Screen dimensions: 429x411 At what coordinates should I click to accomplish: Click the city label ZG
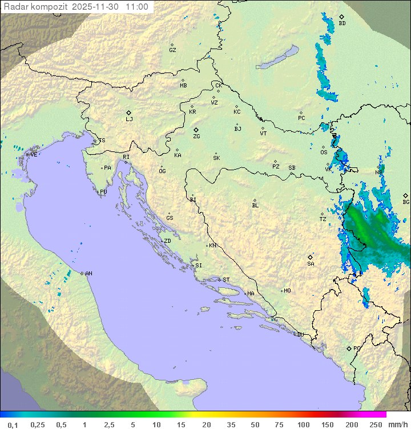coord(196,137)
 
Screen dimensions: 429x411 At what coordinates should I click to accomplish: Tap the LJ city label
coord(129,119)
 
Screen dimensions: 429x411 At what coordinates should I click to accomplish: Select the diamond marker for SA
coord(311,257)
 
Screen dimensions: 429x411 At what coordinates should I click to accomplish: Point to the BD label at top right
coord(342,23)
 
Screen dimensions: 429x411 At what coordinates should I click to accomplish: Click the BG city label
coord(406,202)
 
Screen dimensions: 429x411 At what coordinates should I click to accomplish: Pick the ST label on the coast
coord(226,280)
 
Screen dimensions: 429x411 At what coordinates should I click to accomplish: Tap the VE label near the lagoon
coord(34,155)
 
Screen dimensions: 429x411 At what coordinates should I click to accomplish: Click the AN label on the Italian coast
coord(88,274)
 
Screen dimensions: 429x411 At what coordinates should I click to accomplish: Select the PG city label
coord(357,348)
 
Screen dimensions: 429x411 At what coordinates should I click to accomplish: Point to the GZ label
coord(172,50)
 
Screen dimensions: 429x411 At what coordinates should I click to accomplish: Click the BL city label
coord(255,205)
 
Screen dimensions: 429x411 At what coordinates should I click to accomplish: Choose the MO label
coord(287,291)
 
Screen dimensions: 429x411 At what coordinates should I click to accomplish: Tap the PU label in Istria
coord(103,192)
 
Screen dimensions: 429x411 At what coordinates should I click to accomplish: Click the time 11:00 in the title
coord(137,7)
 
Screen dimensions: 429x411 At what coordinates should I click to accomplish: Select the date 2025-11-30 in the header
coord(98,7)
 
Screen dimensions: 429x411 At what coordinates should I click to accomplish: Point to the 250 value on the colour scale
coord(375,424)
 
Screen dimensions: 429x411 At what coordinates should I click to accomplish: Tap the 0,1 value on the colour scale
coord(13,424)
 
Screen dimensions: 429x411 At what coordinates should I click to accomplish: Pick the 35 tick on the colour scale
coord(231,424)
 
